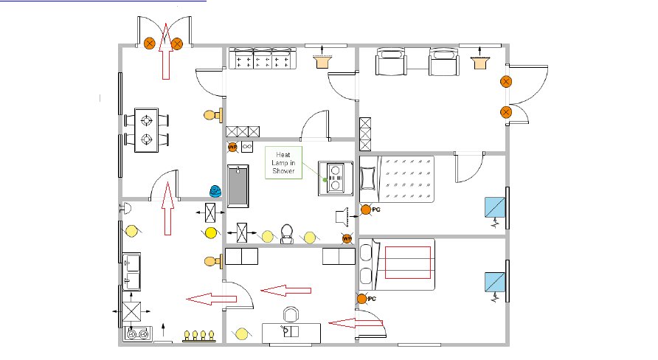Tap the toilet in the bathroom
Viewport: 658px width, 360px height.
tap(288, 234)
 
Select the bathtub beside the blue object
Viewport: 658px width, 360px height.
tap(238, 187)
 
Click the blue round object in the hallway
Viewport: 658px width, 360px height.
tap(215, 191)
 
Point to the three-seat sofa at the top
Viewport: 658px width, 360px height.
tap(262, 58)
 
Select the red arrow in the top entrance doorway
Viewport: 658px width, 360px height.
tap(164, 51)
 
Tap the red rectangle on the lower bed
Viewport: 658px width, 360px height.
tap(406, 262)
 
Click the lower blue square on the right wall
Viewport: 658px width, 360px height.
tap(494, 283)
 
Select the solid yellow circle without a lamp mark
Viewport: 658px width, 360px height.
tap(210, 233)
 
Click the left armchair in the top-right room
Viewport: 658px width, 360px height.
tap(391, 62)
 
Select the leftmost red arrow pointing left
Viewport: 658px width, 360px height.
tap(208, 298)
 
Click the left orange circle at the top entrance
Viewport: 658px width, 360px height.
tap(150, 44)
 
